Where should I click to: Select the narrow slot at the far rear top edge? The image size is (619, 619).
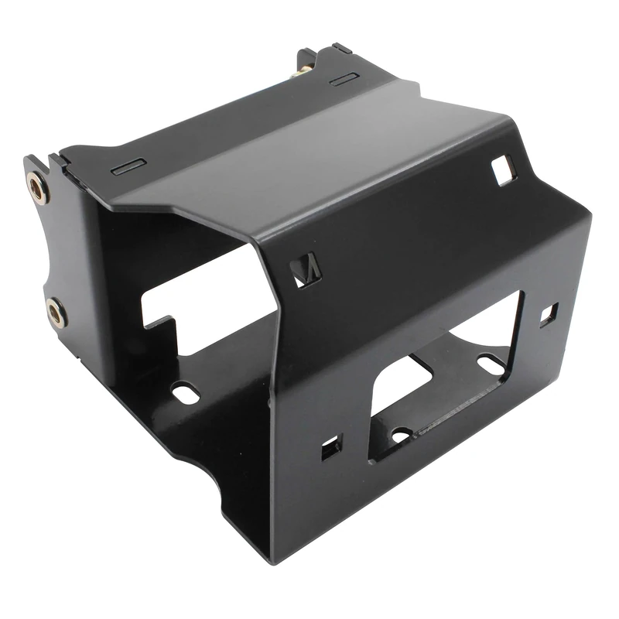click(344, 79)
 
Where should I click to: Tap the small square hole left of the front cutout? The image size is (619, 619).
click(330, 447)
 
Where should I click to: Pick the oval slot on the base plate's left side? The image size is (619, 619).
click(186, 392)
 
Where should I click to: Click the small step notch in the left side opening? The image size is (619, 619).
click(166, 325)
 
